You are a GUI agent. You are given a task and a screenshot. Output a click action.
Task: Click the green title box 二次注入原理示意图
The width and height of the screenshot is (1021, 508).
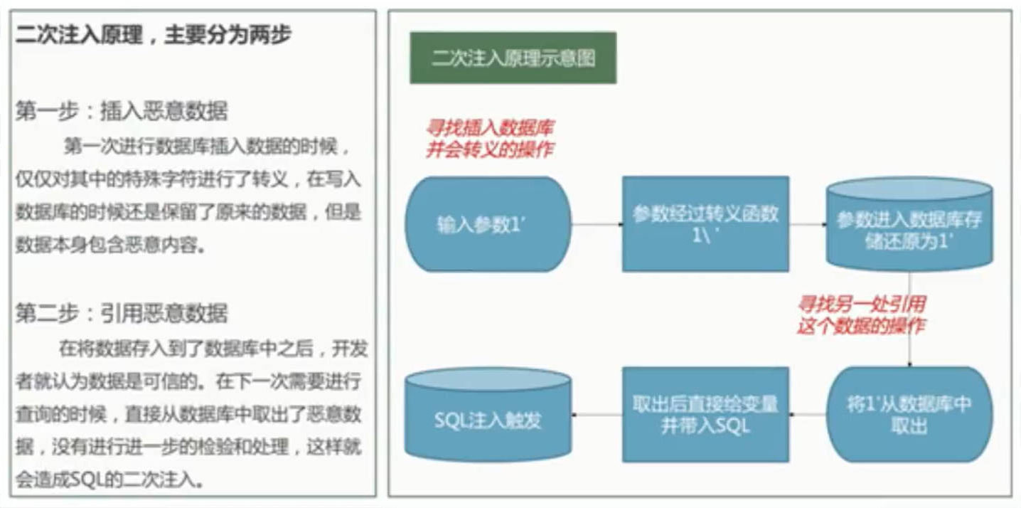[513, 58]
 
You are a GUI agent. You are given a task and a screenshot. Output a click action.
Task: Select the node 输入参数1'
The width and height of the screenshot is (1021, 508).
[488, 224]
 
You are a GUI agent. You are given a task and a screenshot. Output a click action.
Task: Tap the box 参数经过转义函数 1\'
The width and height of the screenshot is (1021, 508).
[705, 224]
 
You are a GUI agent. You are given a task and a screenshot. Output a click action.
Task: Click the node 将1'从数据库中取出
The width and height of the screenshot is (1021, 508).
[909, 415]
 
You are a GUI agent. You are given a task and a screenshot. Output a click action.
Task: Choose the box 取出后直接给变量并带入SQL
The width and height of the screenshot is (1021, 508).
[705, 415]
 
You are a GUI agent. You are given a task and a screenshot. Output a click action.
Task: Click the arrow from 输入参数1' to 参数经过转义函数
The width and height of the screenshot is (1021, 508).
[597, 224]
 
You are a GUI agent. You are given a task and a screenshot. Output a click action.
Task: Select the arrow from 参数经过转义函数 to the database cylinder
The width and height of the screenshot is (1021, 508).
[807, 224]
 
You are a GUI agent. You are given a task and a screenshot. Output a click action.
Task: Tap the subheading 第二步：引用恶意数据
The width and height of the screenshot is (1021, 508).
[121, 313]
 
